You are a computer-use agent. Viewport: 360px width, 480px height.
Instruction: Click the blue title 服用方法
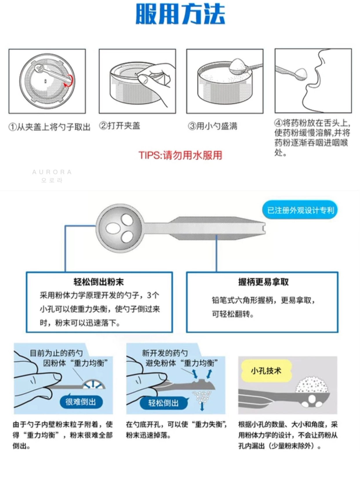pos(180,14)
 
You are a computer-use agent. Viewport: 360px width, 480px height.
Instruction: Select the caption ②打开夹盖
pos(119,126)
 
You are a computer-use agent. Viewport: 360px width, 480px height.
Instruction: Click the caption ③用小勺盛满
pos(212,126)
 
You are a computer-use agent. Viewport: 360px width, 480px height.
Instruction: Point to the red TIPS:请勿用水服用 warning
pos(180,155)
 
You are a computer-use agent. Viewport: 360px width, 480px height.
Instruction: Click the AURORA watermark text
pos(52,172)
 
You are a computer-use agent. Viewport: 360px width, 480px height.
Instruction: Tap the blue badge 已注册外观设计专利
pos(300,210)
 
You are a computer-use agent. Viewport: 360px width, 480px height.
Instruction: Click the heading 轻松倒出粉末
pos(99,282)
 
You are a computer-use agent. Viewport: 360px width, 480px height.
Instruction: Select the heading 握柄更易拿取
pos(263,282)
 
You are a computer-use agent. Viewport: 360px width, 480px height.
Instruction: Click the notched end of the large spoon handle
pos(264,228)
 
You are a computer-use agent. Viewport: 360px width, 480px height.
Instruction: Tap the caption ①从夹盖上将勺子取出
pos(49,127)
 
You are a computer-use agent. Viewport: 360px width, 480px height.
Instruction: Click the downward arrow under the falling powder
pos(202,407)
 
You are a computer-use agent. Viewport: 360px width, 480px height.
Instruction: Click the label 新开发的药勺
pos(165,353)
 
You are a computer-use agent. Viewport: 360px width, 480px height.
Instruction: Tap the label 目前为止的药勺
pos(56,353)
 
